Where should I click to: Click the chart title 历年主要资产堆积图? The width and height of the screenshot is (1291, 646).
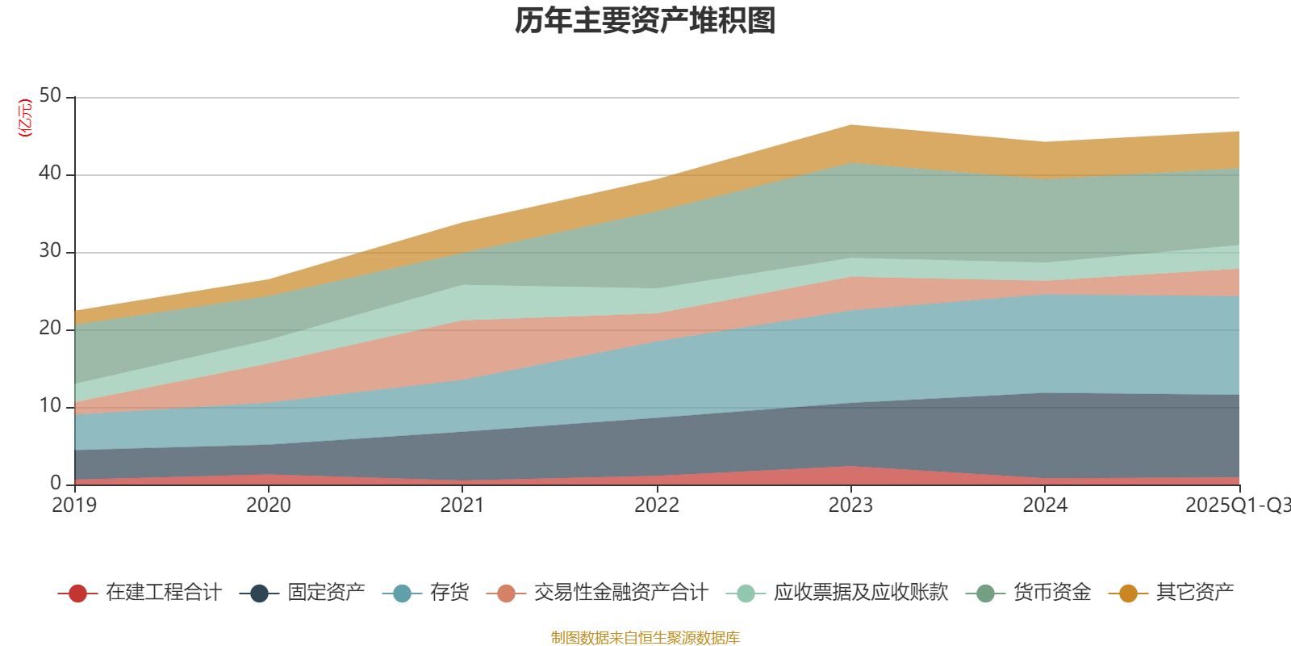click(645, 22)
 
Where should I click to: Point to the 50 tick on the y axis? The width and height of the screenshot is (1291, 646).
click(50, 96)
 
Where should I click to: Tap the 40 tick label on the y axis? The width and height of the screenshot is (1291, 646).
click(50, 174)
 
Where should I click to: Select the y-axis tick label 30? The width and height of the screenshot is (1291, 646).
click(50, 251)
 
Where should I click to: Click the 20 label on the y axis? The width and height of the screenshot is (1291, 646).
click(50, 329)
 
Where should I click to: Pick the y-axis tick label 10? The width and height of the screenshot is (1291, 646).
click(50, 406)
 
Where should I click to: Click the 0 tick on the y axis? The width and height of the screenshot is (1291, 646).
click(56, 483)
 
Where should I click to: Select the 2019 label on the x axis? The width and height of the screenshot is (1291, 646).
click(74, 505)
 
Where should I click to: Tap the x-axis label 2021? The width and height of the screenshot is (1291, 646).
click(462, 505)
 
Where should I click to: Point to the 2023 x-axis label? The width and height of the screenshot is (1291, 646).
click(850, 505)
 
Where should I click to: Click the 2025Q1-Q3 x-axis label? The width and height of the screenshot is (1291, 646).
click(1237, 505)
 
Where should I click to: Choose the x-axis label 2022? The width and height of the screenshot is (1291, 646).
click(657, 505)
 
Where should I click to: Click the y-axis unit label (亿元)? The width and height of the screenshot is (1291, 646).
click(25, 118)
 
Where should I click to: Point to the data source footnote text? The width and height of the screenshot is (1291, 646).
click(645, 638)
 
